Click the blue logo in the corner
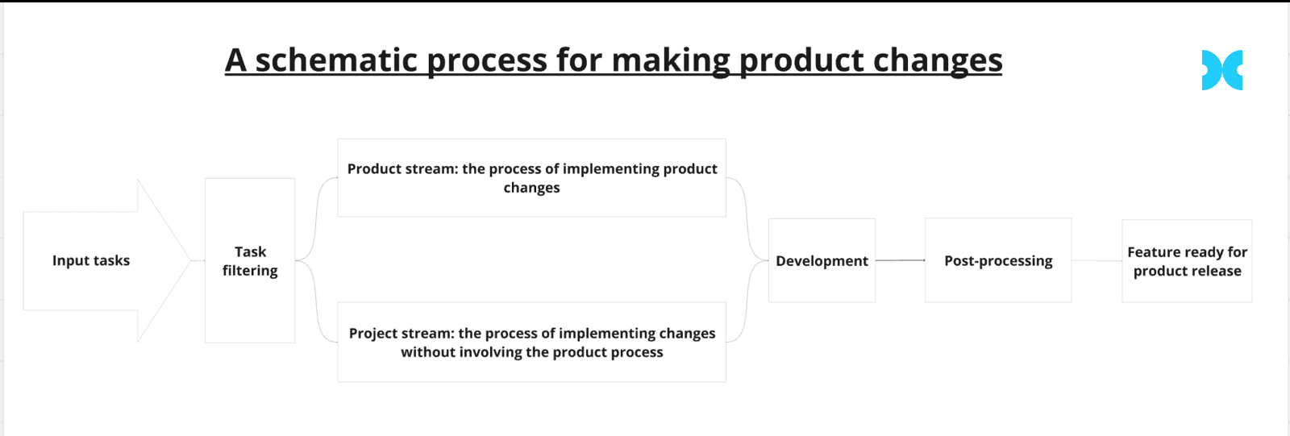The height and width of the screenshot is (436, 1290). click(1221, 70)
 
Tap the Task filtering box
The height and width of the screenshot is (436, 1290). click(250, 260)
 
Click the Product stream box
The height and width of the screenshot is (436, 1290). click(531, 177)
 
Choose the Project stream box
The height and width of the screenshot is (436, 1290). click(531, 343)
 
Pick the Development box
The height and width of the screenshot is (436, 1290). click(822, 260)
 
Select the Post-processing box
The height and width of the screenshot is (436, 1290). click(998, 260)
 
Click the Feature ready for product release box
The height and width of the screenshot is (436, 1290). click(1187, 261)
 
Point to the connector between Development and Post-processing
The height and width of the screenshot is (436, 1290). click(900, 260)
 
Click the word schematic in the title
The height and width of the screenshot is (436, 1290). click(335, 60)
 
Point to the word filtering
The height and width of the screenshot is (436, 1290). click(250, 271)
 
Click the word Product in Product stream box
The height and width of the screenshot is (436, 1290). click(372, 168)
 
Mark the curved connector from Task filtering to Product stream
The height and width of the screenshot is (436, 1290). click(316, 219)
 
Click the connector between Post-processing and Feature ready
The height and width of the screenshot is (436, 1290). click(1096, 260)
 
